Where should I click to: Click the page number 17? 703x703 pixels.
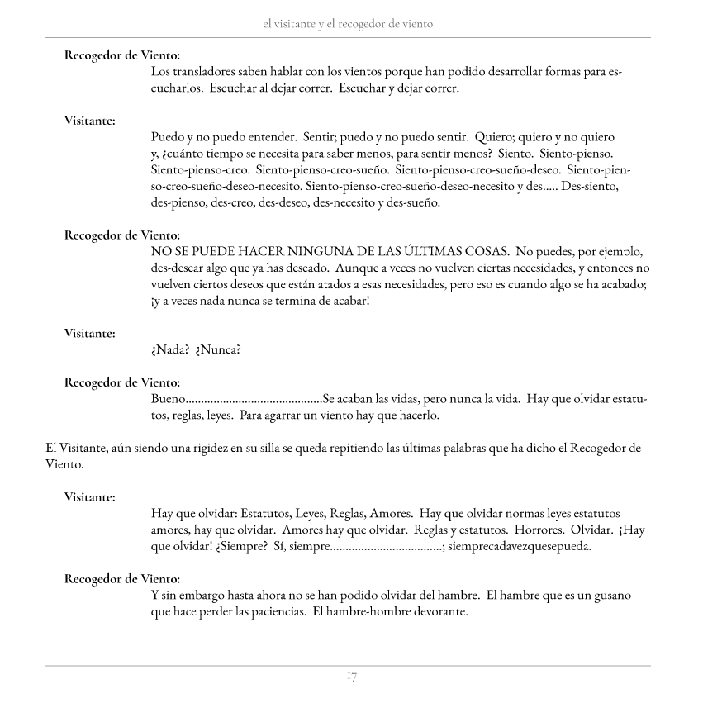pyautogui.click(x=351, y=678)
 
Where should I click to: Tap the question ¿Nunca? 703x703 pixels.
pyautogui.click(x=218, y=349)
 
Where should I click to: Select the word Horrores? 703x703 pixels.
pyautogui.click(x=543, y=530)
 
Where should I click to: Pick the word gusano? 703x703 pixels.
pyautogui.click(x=610, y=595)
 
